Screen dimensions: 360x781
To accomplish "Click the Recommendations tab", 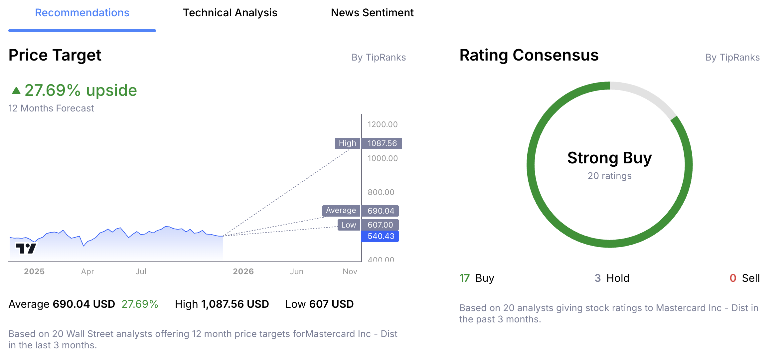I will (x=82, y=13).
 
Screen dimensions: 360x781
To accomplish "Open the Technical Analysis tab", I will (x=230, y=13).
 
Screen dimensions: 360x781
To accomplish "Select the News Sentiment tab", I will (x=372, y=13).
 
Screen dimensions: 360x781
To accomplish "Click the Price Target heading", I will (x=55, y=55).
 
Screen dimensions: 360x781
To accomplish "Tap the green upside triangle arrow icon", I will (x=16, y=90).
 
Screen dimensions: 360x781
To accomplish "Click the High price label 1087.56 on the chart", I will (x=382, y=143).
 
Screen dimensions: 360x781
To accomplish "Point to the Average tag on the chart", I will (x=341, y=211).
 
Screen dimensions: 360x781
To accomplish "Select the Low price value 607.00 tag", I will (x=380, y=225).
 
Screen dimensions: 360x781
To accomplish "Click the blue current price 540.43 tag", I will (x=380, y=236).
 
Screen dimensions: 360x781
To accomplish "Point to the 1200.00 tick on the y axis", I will (x=382, y=124).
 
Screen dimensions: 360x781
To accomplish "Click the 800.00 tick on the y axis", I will (x=381, y=192).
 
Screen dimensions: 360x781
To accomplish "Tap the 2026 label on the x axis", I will (x=243, y=271).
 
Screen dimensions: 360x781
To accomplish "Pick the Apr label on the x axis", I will (x=87, y=271).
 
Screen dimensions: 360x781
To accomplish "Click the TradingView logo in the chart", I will (x=26, y=248).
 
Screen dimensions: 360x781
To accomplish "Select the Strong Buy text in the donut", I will (x=609, y=158).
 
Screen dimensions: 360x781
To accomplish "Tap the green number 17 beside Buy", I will (x=464, y=278).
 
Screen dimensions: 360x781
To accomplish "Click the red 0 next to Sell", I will (x=732, y=278).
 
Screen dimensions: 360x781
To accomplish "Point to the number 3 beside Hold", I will (x=597, y=278).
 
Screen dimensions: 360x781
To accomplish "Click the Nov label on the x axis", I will (x=350, y=271).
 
